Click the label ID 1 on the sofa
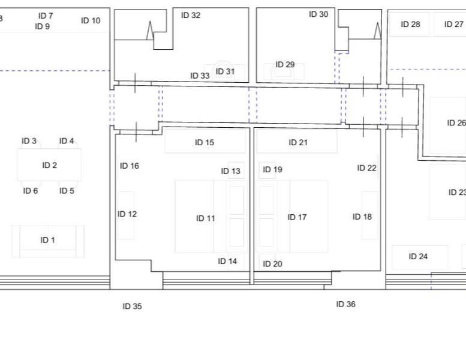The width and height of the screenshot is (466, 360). coord(47,240)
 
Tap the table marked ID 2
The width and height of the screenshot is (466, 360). coord(49,165)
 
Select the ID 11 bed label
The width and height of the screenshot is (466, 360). coord(205,218)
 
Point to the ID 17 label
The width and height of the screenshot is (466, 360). coord(297,217)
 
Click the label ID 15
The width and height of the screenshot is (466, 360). coord(205,142)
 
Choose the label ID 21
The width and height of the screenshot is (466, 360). coord(298,142)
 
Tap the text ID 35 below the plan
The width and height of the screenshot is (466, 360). coord(133,306)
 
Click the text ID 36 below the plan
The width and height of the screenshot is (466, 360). coord(345,304)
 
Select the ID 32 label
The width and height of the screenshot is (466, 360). coord(191,15)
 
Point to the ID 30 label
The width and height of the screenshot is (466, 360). coord(318,14)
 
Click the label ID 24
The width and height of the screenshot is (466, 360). coord(418,256)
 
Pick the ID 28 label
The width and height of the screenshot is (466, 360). coord(410,24)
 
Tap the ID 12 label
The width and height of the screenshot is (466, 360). coord(127,214)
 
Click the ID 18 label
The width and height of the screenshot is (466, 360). coord(362,217)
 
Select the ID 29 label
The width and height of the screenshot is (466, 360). coord(285,65)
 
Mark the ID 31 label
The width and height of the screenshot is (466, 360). coord(225,71)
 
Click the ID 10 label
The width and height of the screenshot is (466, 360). coord(91,20)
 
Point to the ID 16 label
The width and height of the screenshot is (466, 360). coord(130,166)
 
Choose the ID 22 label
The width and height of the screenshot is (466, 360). coord(366,168)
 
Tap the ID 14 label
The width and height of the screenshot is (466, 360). coord(227,261)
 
